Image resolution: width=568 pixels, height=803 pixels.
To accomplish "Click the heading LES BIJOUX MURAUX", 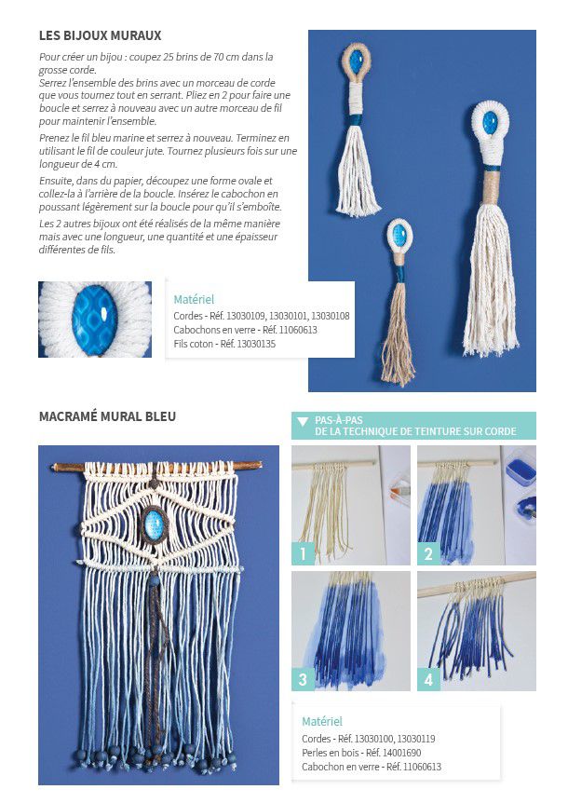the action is pos(101,35).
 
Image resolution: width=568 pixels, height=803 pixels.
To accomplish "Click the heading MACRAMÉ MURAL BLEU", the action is pos(107,416).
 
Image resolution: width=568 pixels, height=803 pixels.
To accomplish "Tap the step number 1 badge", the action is pos(303,553).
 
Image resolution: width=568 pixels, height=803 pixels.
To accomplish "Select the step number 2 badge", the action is pos(428,553).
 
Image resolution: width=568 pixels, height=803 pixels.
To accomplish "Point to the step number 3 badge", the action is pos(303,680).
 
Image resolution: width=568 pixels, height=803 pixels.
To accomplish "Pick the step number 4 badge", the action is pos(428,680).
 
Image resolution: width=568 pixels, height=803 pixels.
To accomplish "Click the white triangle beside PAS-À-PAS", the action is pos(303,421).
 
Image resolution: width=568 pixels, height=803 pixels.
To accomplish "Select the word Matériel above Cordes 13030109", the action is pos(194,300).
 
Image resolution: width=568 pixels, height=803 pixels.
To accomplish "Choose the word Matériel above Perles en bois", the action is pos(322,722).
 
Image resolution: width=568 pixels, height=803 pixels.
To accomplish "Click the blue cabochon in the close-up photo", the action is pos(95,320).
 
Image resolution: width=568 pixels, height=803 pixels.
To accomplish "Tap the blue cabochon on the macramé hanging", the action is pos(154,524).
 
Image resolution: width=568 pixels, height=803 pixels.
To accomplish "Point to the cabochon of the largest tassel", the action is pos(490,122).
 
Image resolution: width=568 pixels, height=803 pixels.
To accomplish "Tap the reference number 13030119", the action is pos(416,739).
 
